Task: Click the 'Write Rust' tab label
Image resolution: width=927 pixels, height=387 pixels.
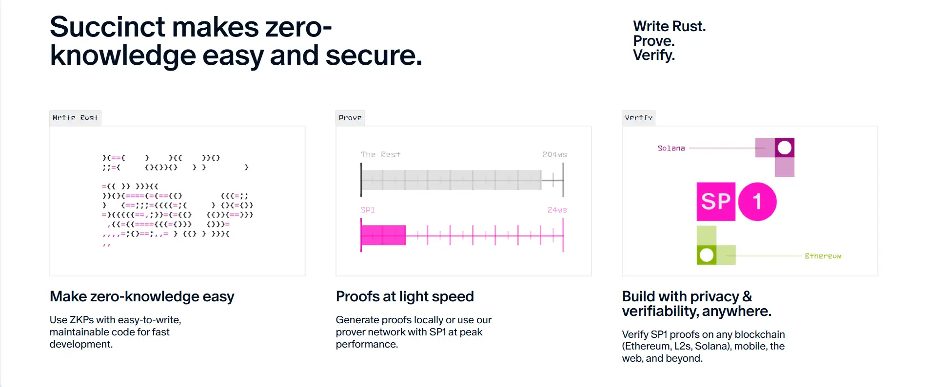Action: tap(75, 118)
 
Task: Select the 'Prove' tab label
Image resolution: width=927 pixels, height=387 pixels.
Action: tap(350, 118)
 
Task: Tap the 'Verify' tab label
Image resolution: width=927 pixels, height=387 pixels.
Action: tap(638, 118)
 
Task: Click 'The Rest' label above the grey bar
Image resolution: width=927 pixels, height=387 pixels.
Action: tap(380, 154)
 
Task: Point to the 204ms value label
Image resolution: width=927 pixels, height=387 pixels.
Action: tap(554, 154)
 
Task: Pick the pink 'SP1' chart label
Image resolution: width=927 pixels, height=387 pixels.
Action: tap(368, 210)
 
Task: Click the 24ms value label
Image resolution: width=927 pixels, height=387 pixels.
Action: tap(557, 210)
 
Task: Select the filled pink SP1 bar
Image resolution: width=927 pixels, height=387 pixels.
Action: tap(383, 235)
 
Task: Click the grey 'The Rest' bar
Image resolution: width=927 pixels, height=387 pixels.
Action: tap(451, 180)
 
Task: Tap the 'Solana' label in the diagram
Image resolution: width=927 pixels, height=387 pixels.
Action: tap(671, 148)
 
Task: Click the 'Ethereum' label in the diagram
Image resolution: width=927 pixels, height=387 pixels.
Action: tap(823, 256)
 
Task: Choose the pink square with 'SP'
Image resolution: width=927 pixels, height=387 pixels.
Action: tap(716, 202)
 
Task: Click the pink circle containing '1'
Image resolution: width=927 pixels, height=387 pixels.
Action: tap(757, 202)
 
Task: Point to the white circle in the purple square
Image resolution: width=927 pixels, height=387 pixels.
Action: tap(785, 147)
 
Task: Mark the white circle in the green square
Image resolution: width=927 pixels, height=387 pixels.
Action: tap(707, 255)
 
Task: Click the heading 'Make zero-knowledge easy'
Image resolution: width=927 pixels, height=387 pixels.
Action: tap(142, 296)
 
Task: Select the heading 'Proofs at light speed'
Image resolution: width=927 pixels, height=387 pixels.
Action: tap(405, 296)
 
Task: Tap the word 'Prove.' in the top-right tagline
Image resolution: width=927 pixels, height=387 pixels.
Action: tap(654, 41)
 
